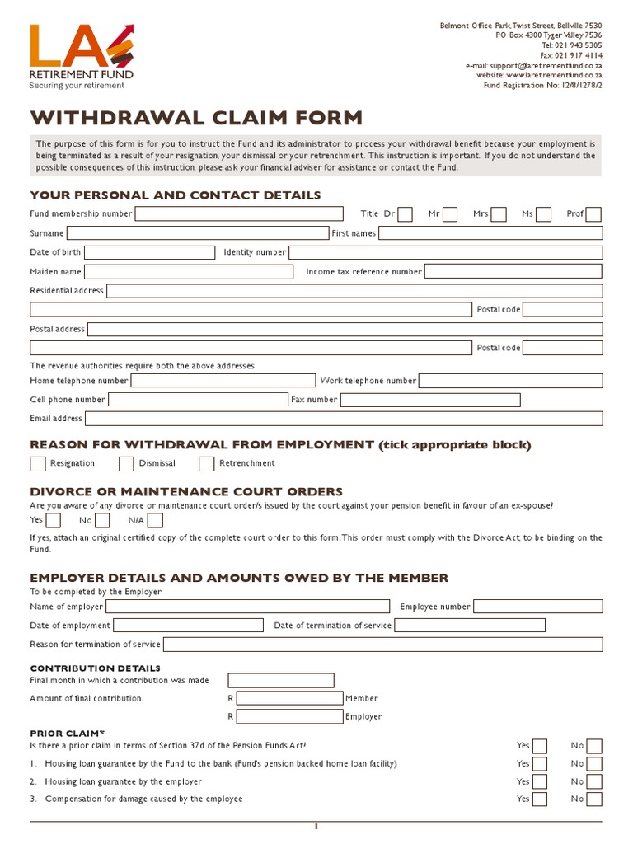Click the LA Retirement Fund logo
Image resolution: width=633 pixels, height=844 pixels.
(x=81, y=55)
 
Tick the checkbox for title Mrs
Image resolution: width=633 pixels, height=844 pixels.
(x=499, y=214)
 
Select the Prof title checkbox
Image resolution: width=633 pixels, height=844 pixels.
(x=593, y=214)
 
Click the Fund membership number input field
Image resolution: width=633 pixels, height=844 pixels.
(x=239, y=214)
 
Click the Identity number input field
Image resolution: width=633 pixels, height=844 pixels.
(x=445, y=252)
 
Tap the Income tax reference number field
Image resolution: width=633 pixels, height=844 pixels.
(x=513, y=271)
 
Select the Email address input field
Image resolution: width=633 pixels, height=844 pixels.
(x=344, y=419)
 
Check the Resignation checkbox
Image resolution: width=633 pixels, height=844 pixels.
(x=38, y=463)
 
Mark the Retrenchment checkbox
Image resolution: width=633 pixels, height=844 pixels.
(x=207, y=463)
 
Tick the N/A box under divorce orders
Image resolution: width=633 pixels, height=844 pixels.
(x=155, y=520)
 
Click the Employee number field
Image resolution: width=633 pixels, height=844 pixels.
(x=537, y=607)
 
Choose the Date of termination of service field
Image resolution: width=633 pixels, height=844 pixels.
(x=498, y=626)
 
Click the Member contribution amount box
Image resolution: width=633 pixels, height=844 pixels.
(x=289, y=698)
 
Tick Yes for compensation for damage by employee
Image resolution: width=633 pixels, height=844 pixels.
(x=540, y=799)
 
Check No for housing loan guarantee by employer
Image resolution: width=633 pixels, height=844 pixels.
(x=593, y=781)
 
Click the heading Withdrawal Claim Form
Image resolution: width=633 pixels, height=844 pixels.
(x=196, y=117)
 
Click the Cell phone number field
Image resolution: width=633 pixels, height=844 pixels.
(x=197, y=400)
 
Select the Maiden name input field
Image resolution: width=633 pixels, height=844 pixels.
(x=188, y=271)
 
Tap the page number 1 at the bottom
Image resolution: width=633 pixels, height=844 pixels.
(x=316, y=827)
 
